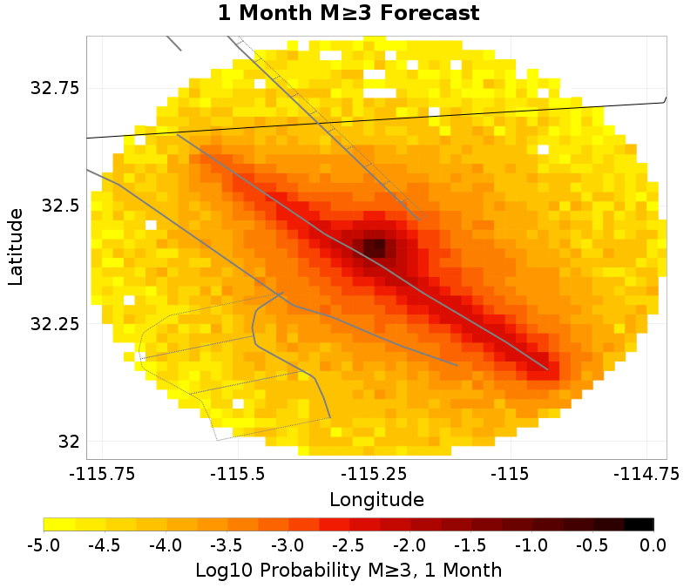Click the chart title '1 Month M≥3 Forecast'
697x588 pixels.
tap(348, 13)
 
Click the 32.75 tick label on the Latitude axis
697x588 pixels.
tap(54, 88)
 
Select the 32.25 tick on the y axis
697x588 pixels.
tap(54, 323)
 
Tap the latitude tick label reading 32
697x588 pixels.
tap(69, 442)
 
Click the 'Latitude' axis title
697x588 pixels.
tap(16, 247)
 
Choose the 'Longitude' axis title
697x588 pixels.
tap(376, 500)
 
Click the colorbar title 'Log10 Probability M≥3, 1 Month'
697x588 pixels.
tap(348, 571)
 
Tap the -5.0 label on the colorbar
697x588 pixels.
tap(44, 546)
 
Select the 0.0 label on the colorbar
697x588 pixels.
tap(653, 546)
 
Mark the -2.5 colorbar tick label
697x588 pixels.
tap(348, 546)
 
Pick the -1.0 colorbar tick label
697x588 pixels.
tap(531, 546)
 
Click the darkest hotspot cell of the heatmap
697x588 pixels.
tap(374, 248)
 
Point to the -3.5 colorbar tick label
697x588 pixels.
tap(227, 546)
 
